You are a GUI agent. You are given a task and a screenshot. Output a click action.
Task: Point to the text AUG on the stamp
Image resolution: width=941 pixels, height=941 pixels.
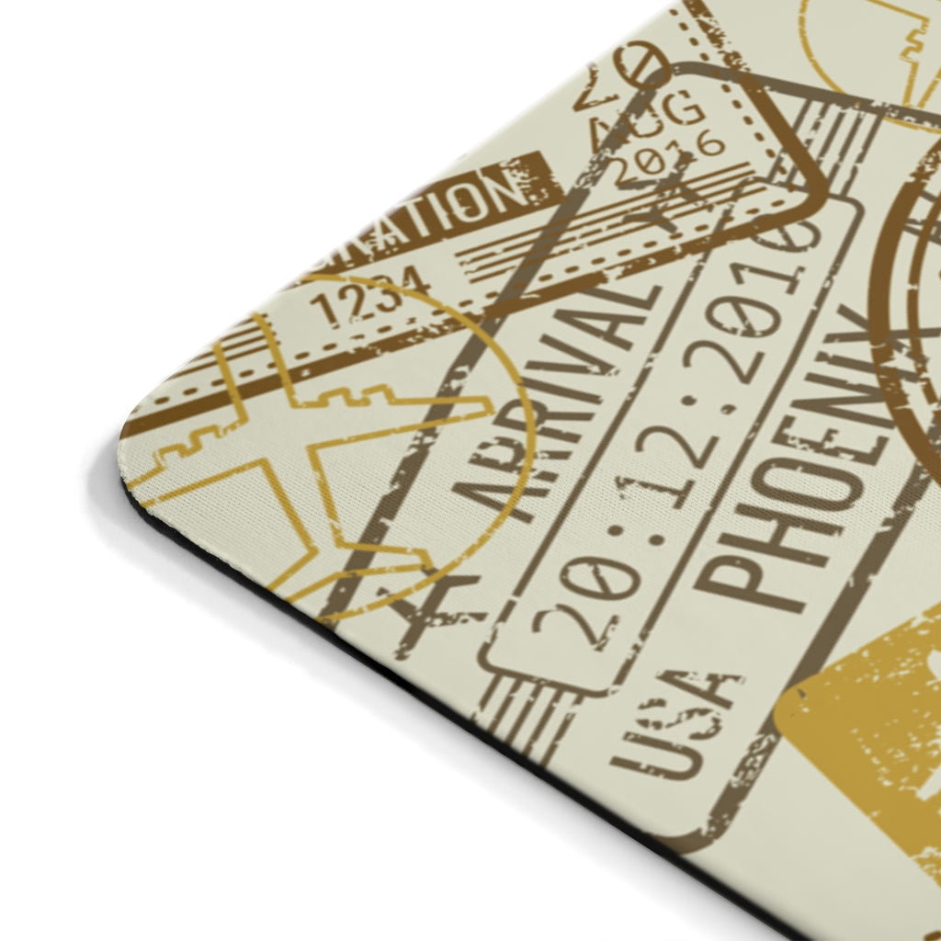click(648, 124)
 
